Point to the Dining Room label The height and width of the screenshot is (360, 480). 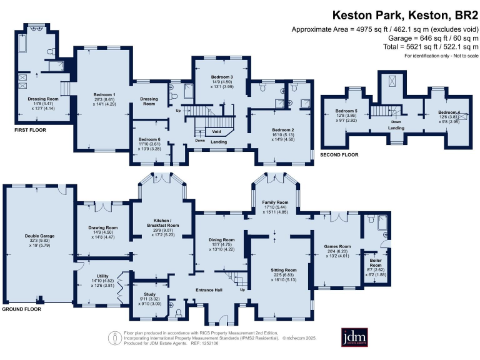221,239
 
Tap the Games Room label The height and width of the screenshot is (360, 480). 337,246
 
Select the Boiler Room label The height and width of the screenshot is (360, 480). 375,259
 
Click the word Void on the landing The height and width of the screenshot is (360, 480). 217,132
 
